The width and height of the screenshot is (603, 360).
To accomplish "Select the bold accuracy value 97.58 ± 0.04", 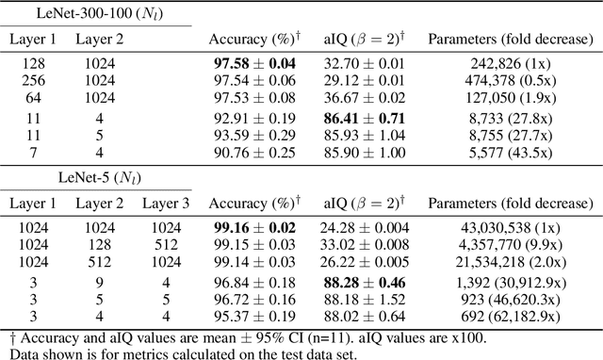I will pyautogui.click(x=254, y=64).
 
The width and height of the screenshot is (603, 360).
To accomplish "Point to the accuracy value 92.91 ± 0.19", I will pyautogui.click(x=254, y=122).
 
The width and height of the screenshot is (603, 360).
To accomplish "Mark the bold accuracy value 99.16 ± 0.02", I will pyautogui.click(x=254, y=229).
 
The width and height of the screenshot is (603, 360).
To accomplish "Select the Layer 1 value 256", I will pyautogui.click(x=33, y=80).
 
